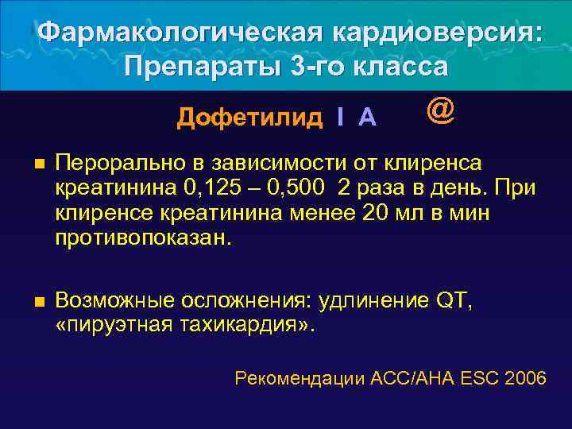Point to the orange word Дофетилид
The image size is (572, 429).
pos(249,118)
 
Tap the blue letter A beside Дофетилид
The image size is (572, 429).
pos(367,118)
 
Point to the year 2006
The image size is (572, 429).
pos(525,378)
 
